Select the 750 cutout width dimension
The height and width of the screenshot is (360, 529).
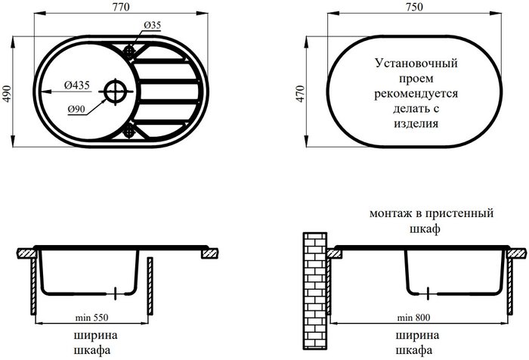(414, 8)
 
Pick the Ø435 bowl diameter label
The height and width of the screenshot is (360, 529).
(78, 85)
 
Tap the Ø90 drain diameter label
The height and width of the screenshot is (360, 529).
(75, 110)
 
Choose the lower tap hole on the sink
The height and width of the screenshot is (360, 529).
(129, 131)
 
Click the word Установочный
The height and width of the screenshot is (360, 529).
(416, 66)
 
